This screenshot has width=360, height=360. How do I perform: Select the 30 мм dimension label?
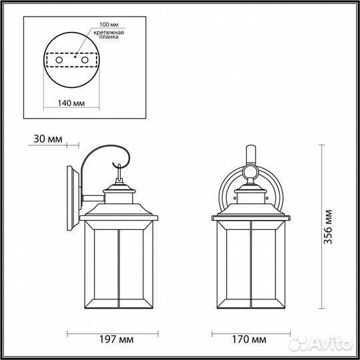(x=46, y=139)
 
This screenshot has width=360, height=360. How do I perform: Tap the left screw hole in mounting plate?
(x=58, y=60)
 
